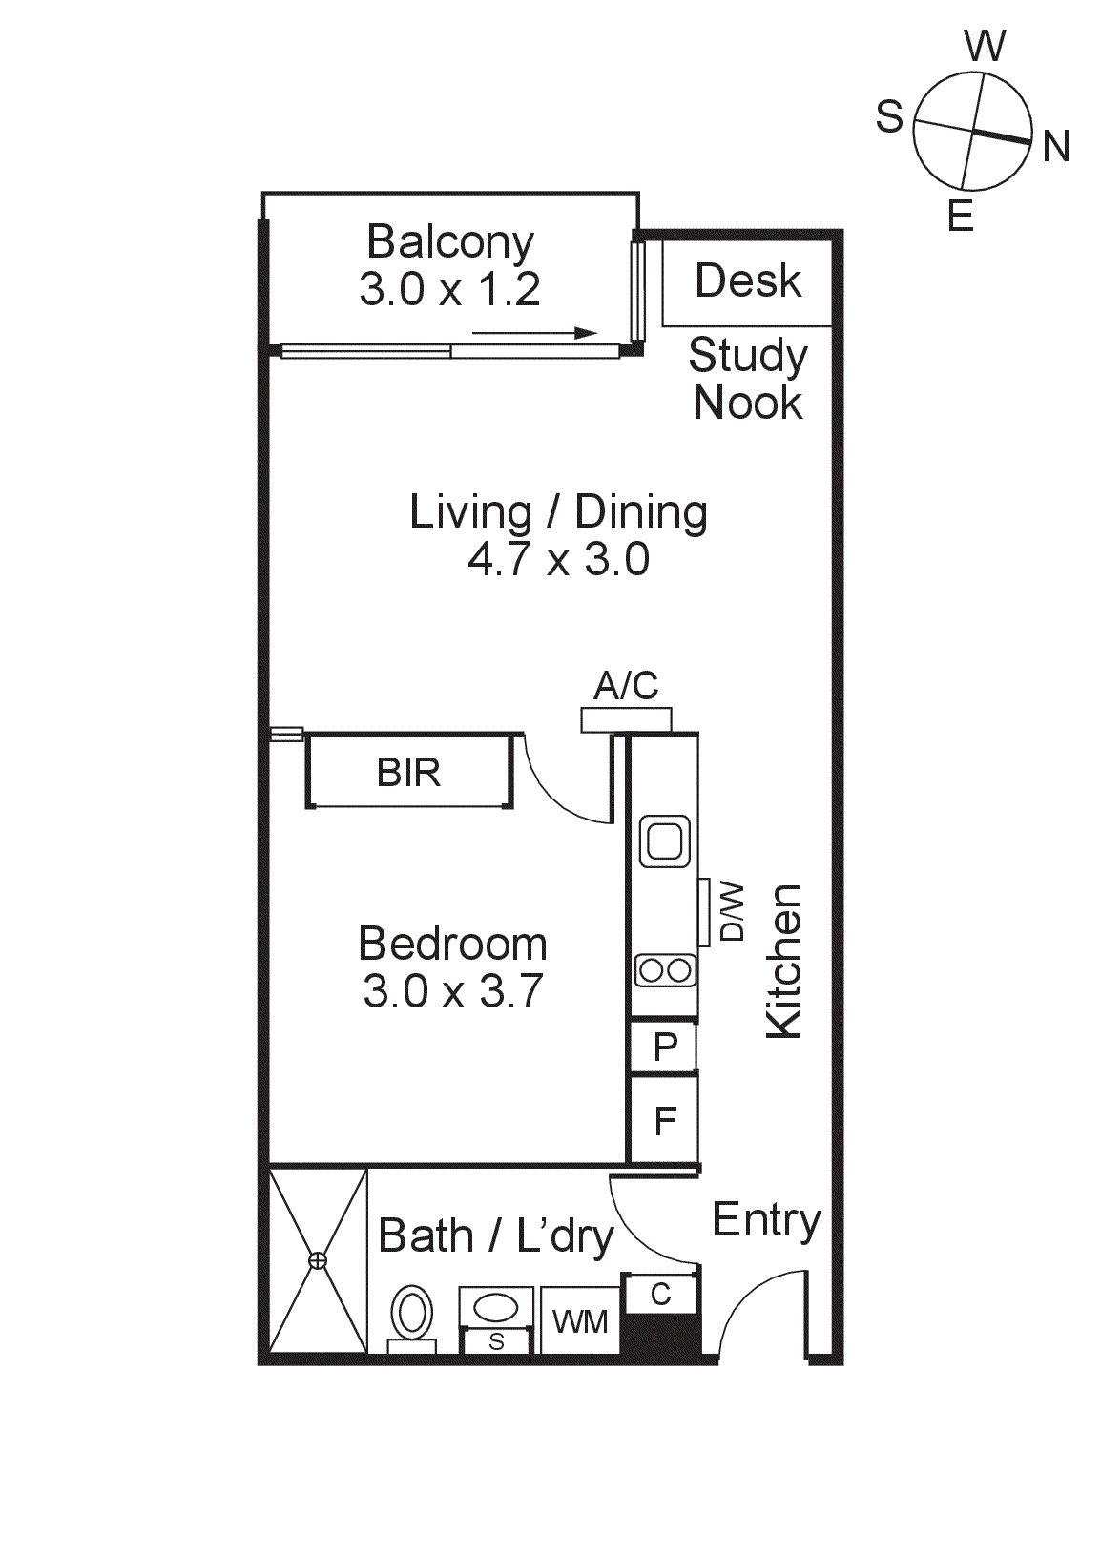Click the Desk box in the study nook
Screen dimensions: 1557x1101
[x=748, y=281]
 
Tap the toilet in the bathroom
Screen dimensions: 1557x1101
[x=412, y=1316]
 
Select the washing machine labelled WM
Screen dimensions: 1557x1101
[x=580, y=1321]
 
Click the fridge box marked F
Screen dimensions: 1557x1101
[x=665, y=1120]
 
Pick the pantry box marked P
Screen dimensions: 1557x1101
[x=665, y=1048]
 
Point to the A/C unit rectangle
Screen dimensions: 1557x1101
[x=626, y=720]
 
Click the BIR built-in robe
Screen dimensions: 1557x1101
[x=409, y=772]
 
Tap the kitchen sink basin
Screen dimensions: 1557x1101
[x=665, y=841]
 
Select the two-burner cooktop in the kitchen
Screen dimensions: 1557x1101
[x=665, y=971]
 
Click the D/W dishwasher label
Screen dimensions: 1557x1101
[x=731, y=912]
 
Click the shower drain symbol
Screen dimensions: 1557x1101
[x=318, y=1261]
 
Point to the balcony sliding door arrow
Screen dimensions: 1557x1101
[x=534, y=333]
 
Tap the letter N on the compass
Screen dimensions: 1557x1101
[x=1055, y=147]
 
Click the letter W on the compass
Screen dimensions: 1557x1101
[x=985, y=46]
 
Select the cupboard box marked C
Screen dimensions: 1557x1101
[x=660, y=1295]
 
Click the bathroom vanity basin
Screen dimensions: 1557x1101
[x=496, y=1307]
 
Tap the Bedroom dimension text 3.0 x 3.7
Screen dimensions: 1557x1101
[x=453, y=991]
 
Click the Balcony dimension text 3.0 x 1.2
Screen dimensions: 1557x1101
[x=449, y=289]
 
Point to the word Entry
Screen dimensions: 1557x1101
[x=766, y=1220]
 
